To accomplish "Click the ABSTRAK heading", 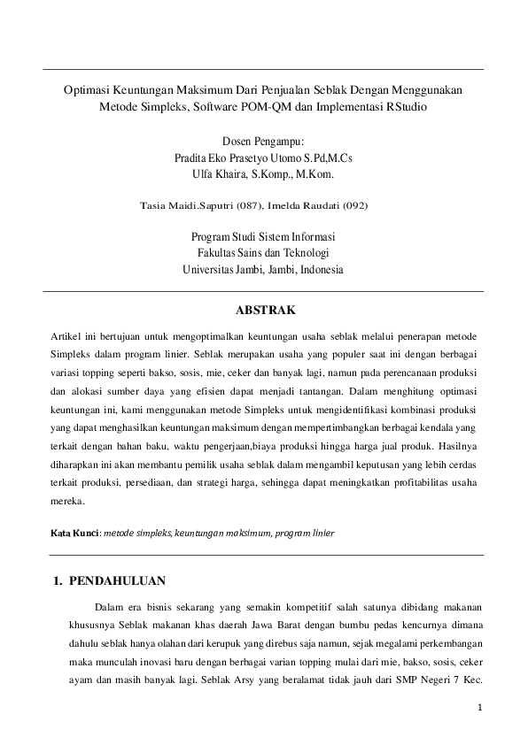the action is coord(264,310).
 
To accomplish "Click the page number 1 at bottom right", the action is coord(479,707).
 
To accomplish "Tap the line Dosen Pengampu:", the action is coord(263,140).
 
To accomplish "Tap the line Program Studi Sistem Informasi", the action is coord(263,237).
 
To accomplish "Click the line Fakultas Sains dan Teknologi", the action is coord(263,253).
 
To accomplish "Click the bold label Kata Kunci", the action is coord(74,534).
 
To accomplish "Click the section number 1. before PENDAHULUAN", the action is coord(60,581).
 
